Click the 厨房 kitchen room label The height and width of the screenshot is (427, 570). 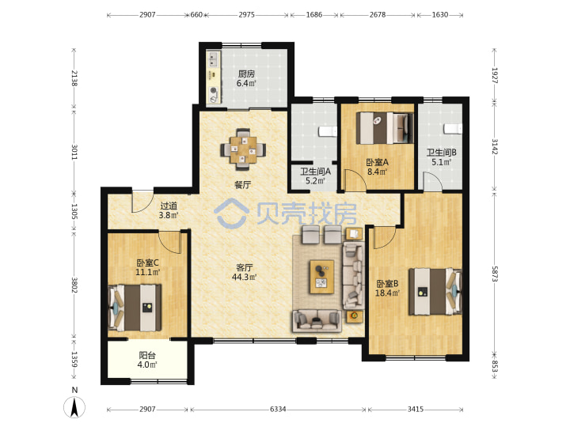click(246, 74)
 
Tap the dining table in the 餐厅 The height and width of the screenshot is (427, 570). click(243, 149)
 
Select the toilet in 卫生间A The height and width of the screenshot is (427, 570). click(328, 131)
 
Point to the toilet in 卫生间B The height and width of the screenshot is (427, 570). click(453, 129)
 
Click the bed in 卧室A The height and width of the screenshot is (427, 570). click(385, 128)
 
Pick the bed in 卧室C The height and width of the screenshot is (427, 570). click(135, 308)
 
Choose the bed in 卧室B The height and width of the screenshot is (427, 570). click(435, 292)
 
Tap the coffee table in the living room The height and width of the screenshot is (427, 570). click(321, 277)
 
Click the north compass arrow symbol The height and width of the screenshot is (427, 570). click(74, 407)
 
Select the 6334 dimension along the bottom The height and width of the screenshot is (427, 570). click(278, 410)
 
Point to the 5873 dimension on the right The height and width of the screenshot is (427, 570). click(494, 274)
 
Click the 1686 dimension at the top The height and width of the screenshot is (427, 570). click(314, 15)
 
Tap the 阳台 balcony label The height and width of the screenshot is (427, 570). click(147, 356)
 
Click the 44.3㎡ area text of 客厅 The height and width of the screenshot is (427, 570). click(245, 277)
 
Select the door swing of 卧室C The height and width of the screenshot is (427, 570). click(170, 241)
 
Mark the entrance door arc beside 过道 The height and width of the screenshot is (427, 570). click(142, 201)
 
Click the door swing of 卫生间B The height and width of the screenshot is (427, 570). click(432, 181)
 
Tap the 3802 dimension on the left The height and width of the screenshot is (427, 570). click(74, 285)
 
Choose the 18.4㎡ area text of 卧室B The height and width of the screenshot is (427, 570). click(387, 293)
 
